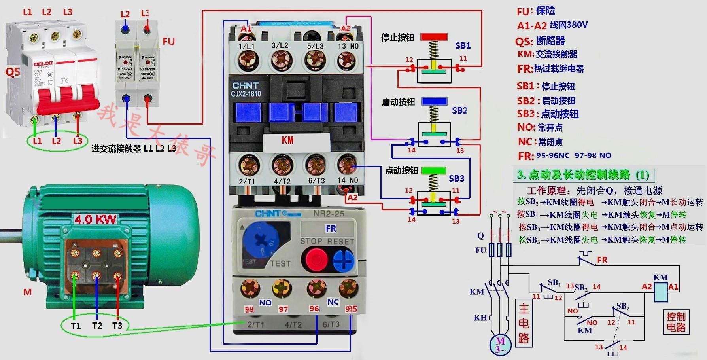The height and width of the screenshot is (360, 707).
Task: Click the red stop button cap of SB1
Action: (434, 37)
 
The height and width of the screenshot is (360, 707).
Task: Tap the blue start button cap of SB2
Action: (434, 101)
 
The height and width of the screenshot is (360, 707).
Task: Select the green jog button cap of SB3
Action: (433, 170)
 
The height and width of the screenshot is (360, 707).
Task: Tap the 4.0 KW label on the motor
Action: (95, 219)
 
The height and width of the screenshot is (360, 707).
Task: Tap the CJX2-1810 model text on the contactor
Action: (246, 94)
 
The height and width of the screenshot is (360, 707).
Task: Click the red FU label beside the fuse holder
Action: (168, 42)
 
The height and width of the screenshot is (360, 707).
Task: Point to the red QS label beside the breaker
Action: (12, 72)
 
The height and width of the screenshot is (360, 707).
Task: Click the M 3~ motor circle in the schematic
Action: (501, 344)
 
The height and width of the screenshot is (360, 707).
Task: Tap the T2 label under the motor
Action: (97, 326)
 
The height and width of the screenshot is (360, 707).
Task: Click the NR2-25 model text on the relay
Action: (329, 214)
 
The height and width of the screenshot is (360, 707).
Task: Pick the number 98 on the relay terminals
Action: (249, 309)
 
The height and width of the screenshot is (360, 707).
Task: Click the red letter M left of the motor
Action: (27, 292)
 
